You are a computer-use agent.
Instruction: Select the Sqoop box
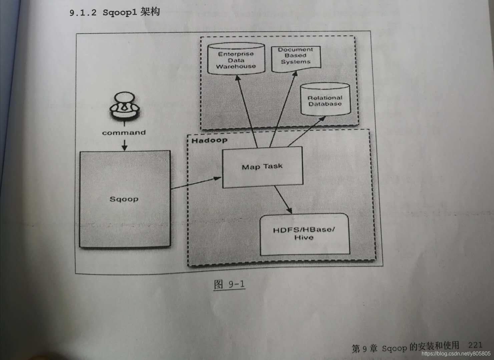pos(124,199)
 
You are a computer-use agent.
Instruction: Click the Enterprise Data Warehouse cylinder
pos(236,60)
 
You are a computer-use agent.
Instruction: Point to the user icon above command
pos(124,106)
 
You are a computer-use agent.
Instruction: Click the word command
pos(124,133)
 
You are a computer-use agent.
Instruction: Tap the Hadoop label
pos(209,140)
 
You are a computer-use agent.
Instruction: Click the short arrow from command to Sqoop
pos(124,145)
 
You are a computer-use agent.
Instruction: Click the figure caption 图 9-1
pos(229,284)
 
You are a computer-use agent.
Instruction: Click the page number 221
pos(475,345)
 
